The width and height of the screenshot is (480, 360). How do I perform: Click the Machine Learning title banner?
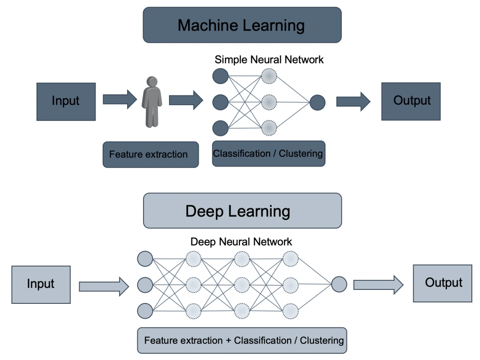241,25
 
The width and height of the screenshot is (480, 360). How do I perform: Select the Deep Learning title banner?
242,211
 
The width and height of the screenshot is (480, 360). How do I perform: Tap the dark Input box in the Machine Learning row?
66,101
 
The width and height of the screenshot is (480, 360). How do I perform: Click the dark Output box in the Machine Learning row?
411,101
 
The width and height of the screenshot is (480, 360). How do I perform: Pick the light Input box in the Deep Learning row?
41,284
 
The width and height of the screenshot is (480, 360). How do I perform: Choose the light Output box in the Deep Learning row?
443,283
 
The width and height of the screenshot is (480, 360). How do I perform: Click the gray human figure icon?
152,101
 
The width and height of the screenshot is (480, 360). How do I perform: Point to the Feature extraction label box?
150,155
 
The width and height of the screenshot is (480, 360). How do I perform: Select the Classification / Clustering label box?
268,154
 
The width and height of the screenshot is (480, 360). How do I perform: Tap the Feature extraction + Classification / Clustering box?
244,340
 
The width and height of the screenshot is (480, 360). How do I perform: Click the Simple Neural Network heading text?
269,60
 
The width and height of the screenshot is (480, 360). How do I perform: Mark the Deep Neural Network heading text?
241,241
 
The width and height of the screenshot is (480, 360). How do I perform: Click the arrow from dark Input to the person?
120,100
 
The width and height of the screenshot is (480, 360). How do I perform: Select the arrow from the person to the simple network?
186,100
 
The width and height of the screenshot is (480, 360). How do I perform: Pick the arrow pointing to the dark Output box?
353,101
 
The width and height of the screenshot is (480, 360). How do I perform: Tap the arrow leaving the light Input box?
104,287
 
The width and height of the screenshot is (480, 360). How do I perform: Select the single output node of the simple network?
317,102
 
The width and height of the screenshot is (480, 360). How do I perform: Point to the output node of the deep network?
339,284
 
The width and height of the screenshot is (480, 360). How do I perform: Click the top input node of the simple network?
220,75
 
